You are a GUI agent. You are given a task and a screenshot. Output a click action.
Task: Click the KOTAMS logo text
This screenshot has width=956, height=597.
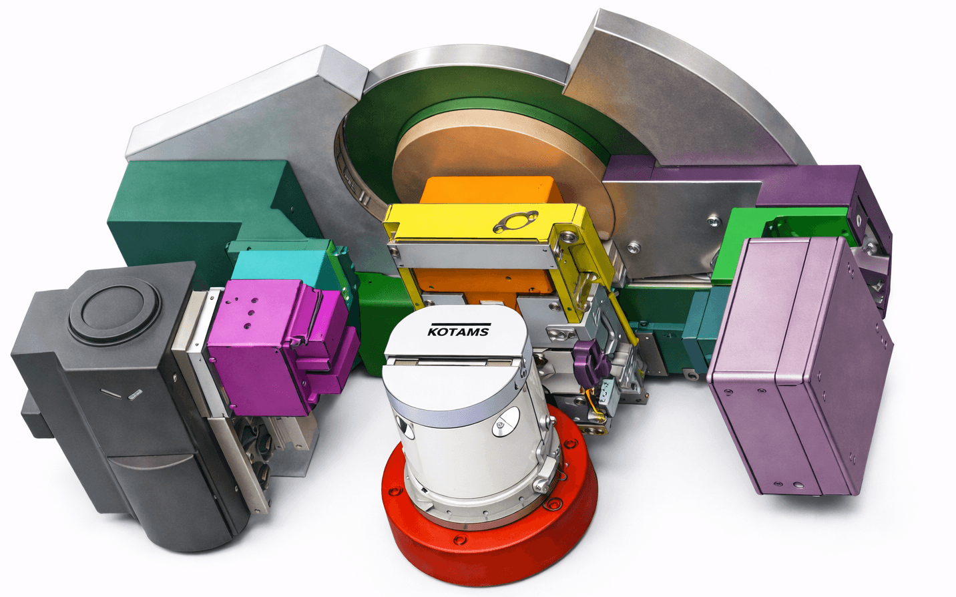pyautogui.click(x=458, y=330)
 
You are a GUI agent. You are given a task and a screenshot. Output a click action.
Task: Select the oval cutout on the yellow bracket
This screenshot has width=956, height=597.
pyautogui.click(x=515, y=221)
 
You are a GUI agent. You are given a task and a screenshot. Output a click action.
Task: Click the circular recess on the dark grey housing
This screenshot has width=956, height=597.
pyautogui.click(x=113, y=312)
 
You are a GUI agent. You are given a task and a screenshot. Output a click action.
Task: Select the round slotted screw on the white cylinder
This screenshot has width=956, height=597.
pyautogui.click(x=505, y=423)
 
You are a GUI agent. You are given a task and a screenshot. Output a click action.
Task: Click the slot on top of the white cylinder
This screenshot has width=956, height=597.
pyautogui.click(x=454, y=361)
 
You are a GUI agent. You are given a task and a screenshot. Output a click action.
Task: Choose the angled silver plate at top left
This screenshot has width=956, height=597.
pyautogui.click(x=247, y=107)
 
